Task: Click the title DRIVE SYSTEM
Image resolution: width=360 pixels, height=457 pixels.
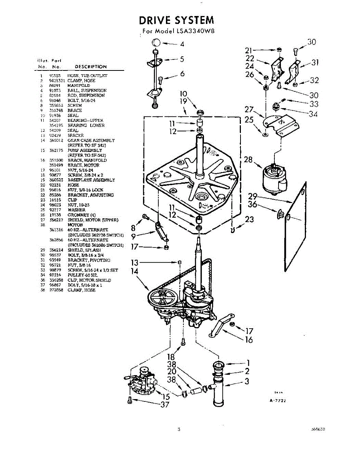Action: [176, 20]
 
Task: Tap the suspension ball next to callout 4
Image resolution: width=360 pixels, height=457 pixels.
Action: [156, 42]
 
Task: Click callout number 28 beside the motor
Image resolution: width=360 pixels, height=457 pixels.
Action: [248, 160]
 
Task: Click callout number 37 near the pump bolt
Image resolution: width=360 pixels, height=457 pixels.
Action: [164, 405]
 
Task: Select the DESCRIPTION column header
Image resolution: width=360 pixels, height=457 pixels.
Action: [91, 67]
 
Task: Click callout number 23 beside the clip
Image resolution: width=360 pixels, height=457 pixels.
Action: [249, 219]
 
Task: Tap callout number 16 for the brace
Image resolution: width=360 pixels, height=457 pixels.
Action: [248, 340]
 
